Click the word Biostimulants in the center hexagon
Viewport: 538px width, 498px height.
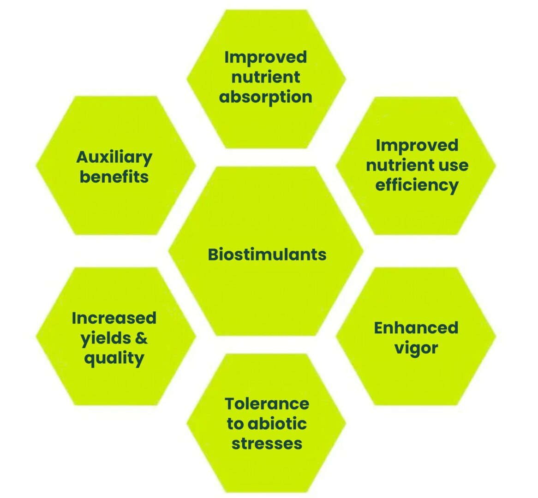(267, 255)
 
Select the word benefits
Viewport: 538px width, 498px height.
(114, 177)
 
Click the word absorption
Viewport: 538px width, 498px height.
(266, 97)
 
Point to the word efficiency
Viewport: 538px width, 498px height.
(417, 185)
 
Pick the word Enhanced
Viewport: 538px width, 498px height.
(416, 327)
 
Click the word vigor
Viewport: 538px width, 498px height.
(416, 349)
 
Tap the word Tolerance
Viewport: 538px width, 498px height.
(267, 403)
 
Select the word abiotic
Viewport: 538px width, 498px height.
(277, 424)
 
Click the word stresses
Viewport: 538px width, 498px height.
(267, 444)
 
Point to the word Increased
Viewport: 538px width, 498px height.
(114, 318)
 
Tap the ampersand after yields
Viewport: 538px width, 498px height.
(141, 338)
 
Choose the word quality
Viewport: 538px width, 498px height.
(114, 359)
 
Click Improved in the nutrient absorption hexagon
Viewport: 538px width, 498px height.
(266, 57)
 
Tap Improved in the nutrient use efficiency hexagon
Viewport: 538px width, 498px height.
(417, 145)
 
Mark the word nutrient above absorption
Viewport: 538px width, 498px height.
(266, 77)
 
